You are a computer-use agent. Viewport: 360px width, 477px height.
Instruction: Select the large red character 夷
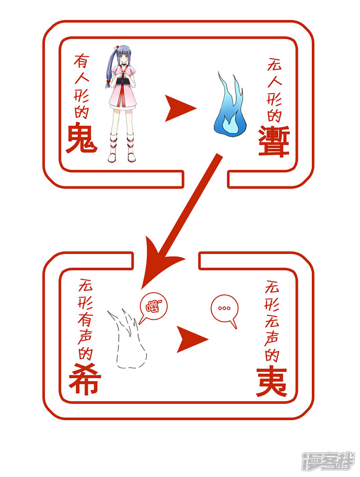point(271,382)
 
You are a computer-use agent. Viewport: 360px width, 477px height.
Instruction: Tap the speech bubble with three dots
point(224,310)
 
